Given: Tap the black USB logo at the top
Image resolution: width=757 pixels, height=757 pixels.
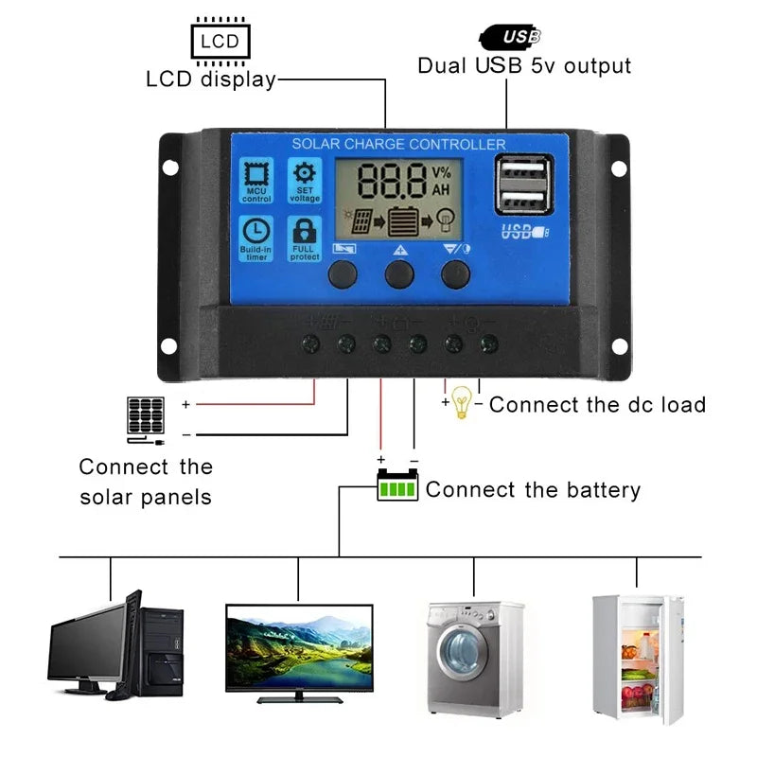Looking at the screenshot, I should (x=511, y=37).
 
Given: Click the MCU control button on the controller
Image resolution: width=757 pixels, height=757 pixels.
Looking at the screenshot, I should (x=255, y=180).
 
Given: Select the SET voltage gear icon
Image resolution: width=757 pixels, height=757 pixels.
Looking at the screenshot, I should (x=304, y=180).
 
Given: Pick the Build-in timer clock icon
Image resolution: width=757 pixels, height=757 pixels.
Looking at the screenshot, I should (x=255, y=238).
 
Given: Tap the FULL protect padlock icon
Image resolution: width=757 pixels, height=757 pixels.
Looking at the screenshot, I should (x=304, y=238).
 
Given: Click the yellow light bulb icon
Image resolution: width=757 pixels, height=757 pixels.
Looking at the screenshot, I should (x=461, y=402).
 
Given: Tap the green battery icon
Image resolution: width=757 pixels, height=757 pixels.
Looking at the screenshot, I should (x=397, y=486).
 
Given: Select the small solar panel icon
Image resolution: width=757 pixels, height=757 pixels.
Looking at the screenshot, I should (x=145, y=415).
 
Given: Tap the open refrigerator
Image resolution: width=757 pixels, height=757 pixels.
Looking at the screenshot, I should (x=636, y=657).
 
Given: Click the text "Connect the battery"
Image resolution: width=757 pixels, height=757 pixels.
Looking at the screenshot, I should (x=533, y=490).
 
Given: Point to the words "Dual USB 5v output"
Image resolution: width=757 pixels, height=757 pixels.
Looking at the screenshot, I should (x=524, y=66).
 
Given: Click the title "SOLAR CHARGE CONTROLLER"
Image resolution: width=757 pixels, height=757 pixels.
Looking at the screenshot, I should (x=398, y=144).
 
